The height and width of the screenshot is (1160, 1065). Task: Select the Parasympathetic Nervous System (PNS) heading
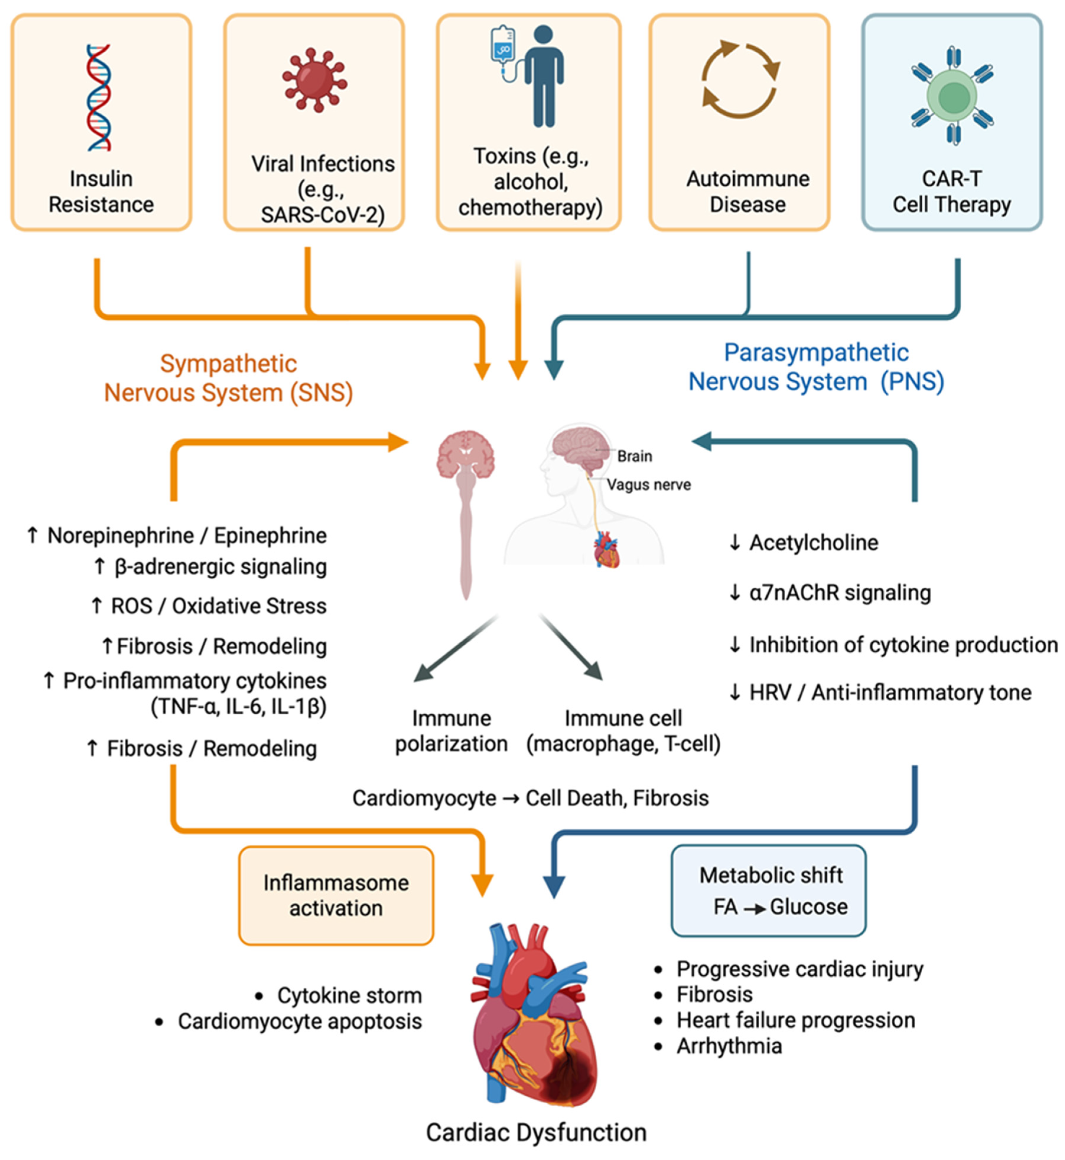pyautogui.click(x=816, y=367)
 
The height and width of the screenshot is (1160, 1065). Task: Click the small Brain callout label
pyautogui.click(x=634, y=456)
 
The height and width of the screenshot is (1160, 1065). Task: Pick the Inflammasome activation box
pyautogui.click(x=336, y=896)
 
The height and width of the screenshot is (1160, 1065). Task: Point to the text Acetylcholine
pyautogui.click(x=813, y=543)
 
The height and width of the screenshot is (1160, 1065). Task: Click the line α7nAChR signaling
pyautogui.click(x=840, y=593)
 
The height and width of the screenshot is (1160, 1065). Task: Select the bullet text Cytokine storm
pyautogui.click(x=349, y=995)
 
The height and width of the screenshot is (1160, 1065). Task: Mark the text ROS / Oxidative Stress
pyautogui.click(x=219, y=606)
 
